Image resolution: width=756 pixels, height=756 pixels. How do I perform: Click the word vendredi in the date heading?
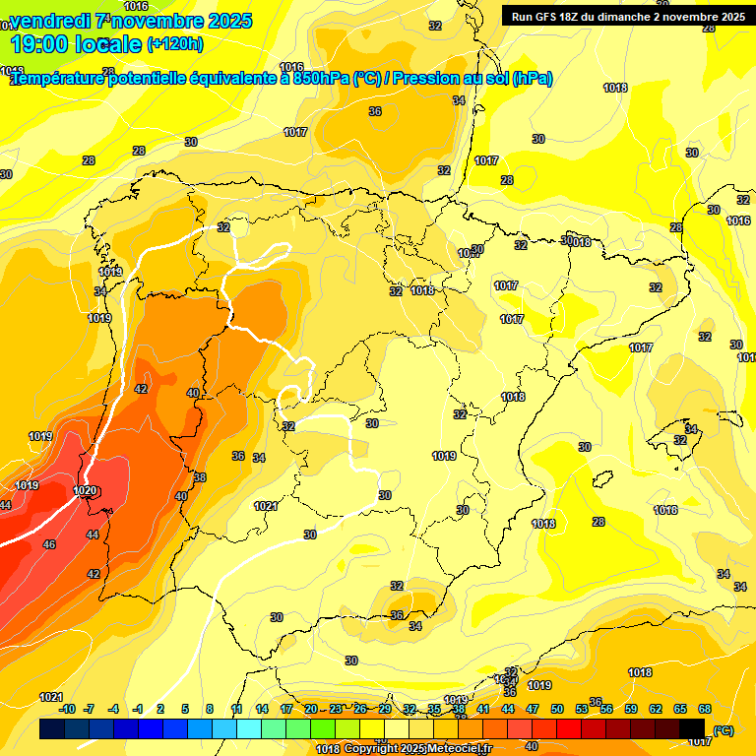[49, 21]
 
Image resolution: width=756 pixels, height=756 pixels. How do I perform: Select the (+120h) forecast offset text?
[175, 43]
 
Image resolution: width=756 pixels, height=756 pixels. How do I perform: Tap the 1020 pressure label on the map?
[85, 490]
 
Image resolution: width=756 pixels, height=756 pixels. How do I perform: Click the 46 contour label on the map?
[49, 544]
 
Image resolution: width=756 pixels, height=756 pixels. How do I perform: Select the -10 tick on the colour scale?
[67, 709]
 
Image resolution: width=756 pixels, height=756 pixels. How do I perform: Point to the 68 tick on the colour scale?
[705, 709]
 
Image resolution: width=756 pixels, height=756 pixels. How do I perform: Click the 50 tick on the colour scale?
[557, 709]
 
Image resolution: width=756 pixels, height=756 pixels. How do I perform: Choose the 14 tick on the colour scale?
[262, 709]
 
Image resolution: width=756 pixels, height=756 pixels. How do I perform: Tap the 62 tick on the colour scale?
[656, 709]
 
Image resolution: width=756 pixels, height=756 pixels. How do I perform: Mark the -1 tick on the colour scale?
[139, 709]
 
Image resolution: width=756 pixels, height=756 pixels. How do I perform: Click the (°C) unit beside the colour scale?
[724, 729]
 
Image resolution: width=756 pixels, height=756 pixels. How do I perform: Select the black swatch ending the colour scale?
[692, 729]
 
